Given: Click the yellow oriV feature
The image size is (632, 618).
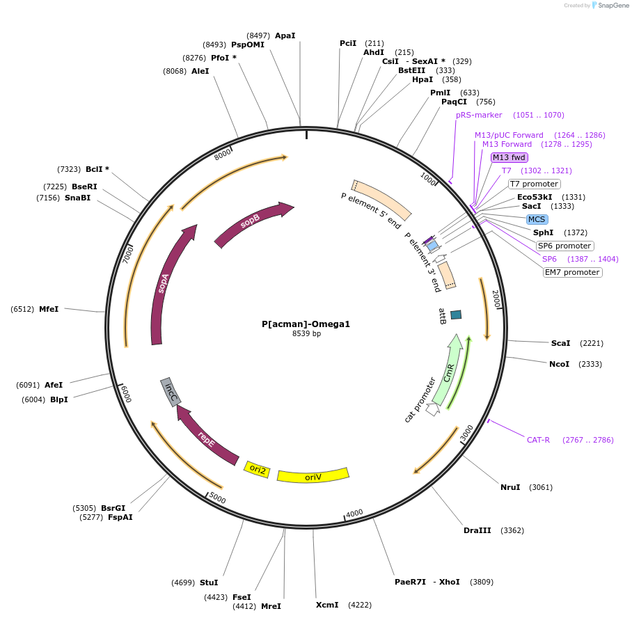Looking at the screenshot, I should click(313, 476).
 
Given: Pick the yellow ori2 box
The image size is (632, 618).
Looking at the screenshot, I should click(258, 469).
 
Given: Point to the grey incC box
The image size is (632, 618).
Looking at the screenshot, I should click(171, 393).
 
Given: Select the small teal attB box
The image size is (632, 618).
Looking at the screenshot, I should click(456, 315).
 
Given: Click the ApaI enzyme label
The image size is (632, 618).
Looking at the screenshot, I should click(285, 35).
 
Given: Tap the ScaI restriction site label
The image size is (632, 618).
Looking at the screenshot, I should click(560, 343).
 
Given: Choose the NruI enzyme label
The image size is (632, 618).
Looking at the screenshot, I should click(510, 487).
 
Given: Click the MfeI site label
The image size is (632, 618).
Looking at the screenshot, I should click(49, 309).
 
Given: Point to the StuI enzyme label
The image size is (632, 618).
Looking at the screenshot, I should click(209, 583).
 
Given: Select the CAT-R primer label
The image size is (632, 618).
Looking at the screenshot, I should click(538, 440).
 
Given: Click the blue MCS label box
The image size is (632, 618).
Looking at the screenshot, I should click(537, 219).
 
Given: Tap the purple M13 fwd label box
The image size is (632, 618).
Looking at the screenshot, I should click(509, 157).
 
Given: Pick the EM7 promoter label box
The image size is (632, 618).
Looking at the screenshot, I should click(572, 272).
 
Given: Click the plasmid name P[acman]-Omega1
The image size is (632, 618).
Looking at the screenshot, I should click(306, 324).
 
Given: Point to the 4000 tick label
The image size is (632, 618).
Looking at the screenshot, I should click(354, 514).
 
